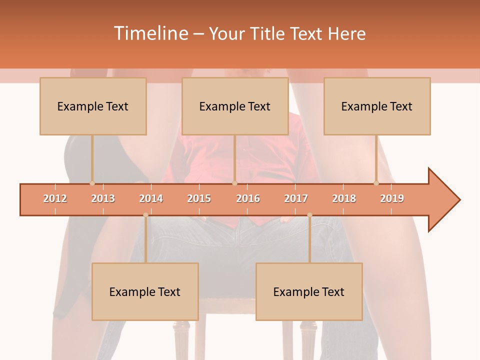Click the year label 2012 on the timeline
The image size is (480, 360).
55,198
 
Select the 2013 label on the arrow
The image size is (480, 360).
103,198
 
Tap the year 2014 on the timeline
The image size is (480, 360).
151,198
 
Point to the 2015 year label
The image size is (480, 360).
199,198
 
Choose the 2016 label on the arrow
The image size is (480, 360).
248,198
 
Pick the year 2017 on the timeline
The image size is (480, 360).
296,198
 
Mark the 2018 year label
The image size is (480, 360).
344,198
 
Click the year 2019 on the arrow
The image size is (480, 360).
392,198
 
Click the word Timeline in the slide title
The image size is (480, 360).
150,33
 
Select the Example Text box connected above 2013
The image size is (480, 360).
93,106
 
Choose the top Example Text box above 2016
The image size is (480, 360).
235,106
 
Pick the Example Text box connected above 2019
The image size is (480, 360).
377,106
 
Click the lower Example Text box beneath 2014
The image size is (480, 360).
145,291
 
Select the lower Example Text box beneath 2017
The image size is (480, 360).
309,291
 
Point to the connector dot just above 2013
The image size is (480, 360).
92,183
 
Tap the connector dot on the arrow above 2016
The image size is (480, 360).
234,183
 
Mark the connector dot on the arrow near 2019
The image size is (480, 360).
376,183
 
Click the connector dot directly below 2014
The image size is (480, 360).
145,215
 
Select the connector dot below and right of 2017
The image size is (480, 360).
309,215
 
